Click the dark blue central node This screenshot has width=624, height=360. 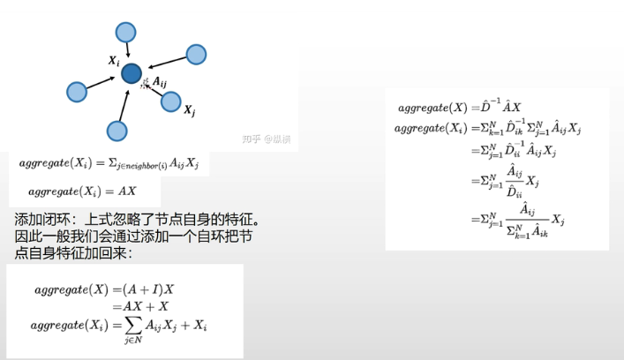tap(132, 74)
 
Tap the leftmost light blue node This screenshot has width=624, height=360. tap(77, 91)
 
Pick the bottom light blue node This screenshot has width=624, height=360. tap(117, 131)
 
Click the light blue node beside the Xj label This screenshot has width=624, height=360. tap(171, 101)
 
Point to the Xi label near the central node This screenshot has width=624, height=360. tap(114, 61)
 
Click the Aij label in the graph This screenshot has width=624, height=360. tap(161, 82)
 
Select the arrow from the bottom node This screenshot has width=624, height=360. tap(124, 105)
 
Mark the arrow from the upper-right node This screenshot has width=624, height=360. tap(166, 63)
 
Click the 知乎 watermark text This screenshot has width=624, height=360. tap(252, 139)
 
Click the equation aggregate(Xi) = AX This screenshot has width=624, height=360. tap(81, 191)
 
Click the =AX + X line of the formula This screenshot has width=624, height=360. tap(139, 306)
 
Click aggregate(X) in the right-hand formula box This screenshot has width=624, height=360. tap(432, 107)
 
